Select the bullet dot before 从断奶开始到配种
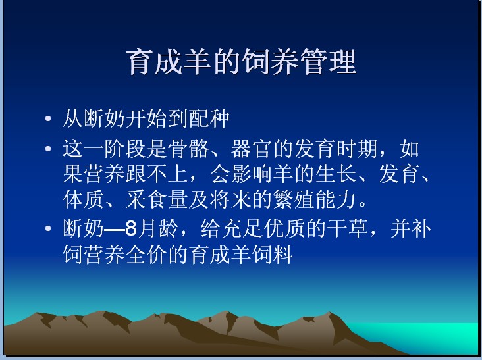pyautogui.click(x=48, y=118)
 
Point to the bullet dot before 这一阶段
pyautogui.click(x=48, y=149)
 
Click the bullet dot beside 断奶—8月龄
pyautogui.click(x=48, y=228)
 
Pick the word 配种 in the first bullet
pyautogui.click(x=209, y=118)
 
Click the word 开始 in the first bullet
pyautogui.click(x=147, y=118)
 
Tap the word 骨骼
pyautogui.click(x=188, y=149)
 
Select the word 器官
pyautogui.click(x=252, y=149)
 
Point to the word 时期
pyautogui.click(x=357, y=149)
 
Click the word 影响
pyautogui.click(x=252, y=174)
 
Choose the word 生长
pyautogui.click(x=336, y=174)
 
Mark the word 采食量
pyautogui.click(x=157, y=199)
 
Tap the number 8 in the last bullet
pyautogui.click(x=131, y=228)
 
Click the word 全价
pyautogui.click(x=147, y=254)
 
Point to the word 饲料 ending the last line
pyautogui.click(x=273, y=254)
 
